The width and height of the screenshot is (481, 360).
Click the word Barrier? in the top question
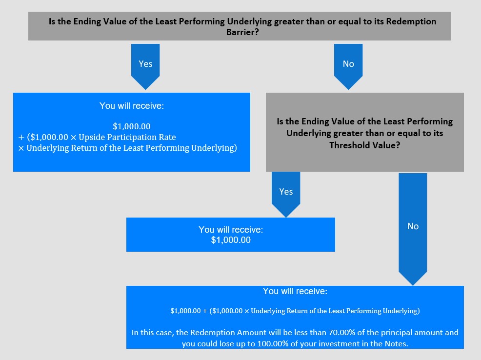pos(242,32)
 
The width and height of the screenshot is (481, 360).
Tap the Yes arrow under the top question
pos(145,66)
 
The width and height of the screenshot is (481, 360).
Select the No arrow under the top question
pos(348,66)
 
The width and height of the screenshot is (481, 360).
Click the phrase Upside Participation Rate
pos(127,137)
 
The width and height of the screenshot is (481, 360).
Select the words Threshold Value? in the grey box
pos(365,145)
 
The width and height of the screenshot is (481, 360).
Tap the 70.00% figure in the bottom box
pos(341,332)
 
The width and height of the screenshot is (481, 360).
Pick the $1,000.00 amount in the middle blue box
pos(231,240)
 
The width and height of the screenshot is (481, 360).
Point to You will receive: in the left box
pos(132,106)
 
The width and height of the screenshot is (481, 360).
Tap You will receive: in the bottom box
pos(295,291)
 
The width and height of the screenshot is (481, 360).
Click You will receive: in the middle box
pos(231,229)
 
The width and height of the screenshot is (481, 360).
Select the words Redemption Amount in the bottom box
pos(228,332)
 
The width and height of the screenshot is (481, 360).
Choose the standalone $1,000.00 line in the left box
pos(132,126)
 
